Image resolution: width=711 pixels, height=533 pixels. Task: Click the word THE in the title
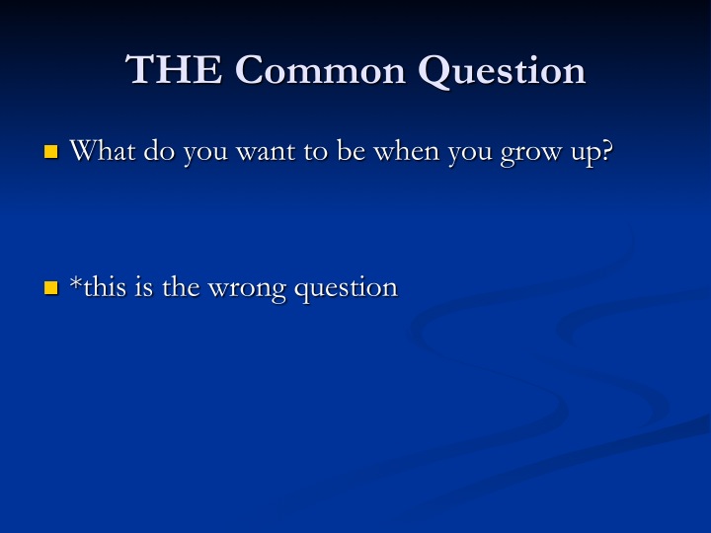pyautogui.click(x=174, y=69)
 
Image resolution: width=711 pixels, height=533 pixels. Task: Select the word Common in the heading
pyautogui.click(x=320, y=70)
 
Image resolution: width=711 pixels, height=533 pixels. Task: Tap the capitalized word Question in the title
pyautogui.click(x=502, y=71)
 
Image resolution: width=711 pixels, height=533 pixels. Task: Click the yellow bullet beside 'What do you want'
pyautogui.click(x=51, y=151)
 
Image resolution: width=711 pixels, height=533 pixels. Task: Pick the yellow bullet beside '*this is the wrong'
pyautogui.click(x=51, y=287)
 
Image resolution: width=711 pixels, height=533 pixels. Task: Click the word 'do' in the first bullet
pyautogui.click(x=159, y=150)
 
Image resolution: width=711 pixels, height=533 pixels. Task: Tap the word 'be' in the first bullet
pyautogui.click(x=351, y=150)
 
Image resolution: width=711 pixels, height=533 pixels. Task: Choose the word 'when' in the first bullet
pyautogui.click(x=406, y=150)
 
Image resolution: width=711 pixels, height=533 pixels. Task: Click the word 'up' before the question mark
pyautogui.click(x=585, y=154)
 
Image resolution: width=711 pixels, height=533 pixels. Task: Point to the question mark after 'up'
pyautogui.click(x=606, y=150)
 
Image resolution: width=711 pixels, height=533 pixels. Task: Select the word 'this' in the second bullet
pyautogui.click(x=105, y=286)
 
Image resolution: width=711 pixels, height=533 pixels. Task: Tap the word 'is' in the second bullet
pyautogui.click(x=144, y=286)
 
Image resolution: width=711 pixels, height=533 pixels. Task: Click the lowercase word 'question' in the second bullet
pyautogui.click(x=346, y=289)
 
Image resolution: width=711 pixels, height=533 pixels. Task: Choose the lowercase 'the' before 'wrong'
pyautogui.click(x=181, y=286)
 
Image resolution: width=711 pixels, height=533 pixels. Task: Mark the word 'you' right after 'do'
pyautogui.click(x=205, y=154)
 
